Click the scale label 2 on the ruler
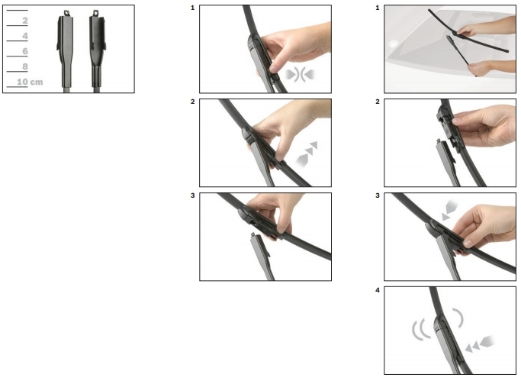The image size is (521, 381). pos(25,21)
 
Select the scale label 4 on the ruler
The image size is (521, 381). pos(25,36)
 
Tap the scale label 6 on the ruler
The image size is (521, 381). pos(25,51)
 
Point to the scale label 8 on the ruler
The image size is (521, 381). pos(25,66)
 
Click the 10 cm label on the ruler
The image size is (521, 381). pos(30,82)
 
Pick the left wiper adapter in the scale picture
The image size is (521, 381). pos(65,50)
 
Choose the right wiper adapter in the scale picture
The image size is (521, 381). pos(97,50)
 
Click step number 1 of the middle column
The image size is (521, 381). pos(193,8)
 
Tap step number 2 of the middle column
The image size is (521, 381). pos(193,102)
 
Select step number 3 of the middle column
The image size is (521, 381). pos(193,195)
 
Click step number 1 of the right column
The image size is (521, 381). pos(378,8)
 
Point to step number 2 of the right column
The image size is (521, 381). pos(378,102)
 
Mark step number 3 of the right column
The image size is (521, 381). pos(378,195)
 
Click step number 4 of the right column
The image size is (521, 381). pos(378,290)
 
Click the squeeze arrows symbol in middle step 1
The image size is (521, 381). pos(300,75)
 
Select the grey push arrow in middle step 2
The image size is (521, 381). pos(307,154)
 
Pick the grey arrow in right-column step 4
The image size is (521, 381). pos(480,344)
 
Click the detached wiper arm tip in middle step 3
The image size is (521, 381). pos(253,235)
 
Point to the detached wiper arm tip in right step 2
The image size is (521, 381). pos(439,141)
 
